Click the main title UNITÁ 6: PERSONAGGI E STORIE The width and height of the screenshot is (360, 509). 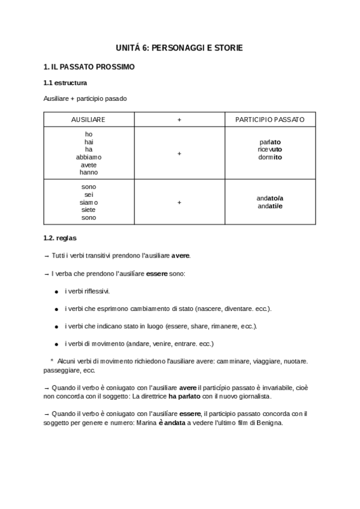pos(179,47)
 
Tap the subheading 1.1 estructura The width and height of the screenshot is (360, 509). pos(65,82)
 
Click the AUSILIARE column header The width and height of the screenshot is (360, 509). pos(88,120)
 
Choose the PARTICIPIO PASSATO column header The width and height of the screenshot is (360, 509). pos(269,120)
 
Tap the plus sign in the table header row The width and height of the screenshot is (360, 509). pos(179,120)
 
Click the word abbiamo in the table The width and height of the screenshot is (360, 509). pos(88,157)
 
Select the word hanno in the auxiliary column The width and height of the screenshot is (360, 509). pos(88,172)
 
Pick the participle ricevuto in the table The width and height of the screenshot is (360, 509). pos(269,149)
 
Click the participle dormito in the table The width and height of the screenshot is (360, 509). pos(269,157)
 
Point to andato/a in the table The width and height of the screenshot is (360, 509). pos(270,199)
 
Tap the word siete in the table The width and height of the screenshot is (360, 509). pos(88,210)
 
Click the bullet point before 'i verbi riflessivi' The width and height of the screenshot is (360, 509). pos(56,292)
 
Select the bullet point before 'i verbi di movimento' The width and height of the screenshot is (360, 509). pos(56,344)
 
